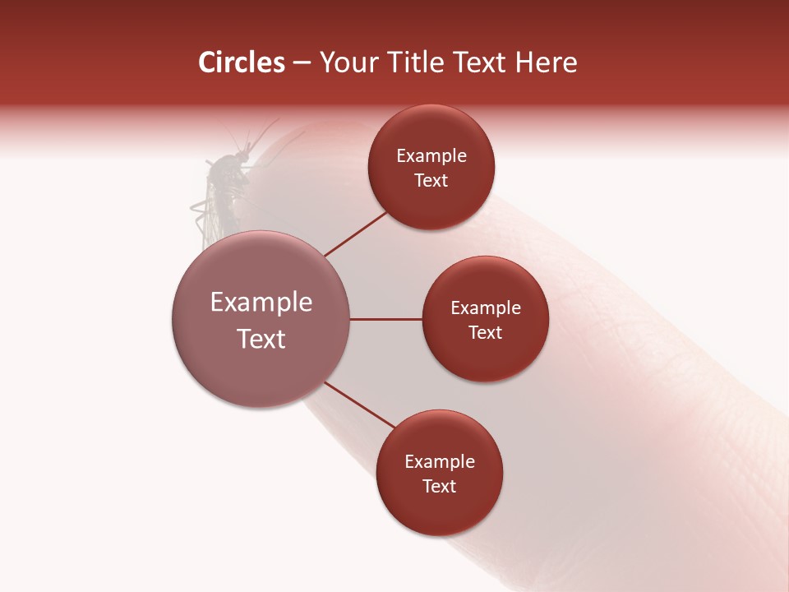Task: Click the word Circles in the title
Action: coord(242,62)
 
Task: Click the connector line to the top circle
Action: coord(357,234)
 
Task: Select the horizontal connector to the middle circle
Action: coord(386,319)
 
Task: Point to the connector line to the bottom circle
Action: coord(360,404)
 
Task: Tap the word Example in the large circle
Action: coord(261,303)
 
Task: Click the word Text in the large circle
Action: coord(261,339)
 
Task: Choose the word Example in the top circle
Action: coord(431,156)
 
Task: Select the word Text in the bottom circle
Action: coord(439,486)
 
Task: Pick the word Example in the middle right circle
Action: coord(486,308)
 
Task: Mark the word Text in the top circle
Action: coord(431,181)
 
